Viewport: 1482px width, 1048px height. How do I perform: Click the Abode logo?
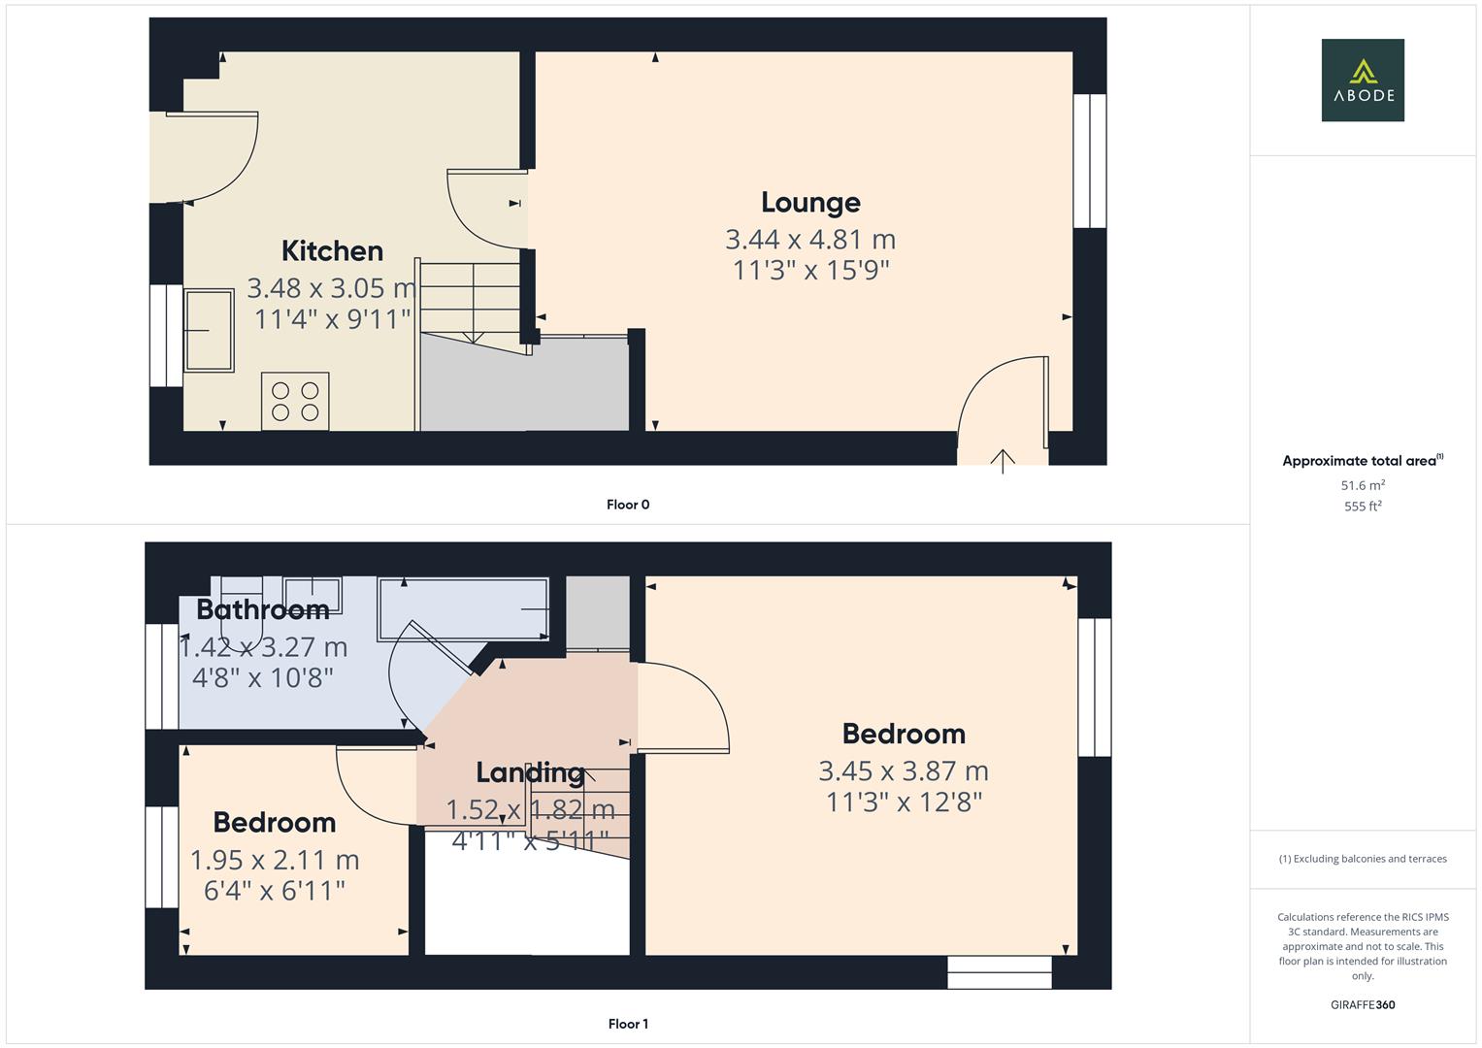tap(1362, 80)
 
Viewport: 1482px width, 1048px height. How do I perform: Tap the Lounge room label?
tap(810, 202)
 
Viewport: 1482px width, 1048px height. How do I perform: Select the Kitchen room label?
tap(332, 250)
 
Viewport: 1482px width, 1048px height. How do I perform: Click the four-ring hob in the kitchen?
tap(295, 402)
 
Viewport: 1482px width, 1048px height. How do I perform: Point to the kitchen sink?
tap(209, 330)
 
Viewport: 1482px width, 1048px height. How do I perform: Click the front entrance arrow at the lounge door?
tap(1003, 460)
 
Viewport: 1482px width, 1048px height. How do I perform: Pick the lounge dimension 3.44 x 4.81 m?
tap(810, 239)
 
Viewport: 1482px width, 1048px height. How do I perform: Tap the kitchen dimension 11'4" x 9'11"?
tap(332, 318)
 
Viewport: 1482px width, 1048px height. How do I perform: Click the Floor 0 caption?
tap(628, 505)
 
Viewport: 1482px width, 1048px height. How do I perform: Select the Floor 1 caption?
tap(628, 1024)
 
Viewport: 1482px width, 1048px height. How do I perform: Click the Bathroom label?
tap(262, 609)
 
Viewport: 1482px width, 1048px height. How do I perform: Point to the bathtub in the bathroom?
tap(464, 608)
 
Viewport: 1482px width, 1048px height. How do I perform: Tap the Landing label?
tap(530, 772)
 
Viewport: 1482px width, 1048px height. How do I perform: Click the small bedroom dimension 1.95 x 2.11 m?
tap(275, 860)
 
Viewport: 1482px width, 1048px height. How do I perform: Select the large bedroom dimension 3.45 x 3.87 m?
tap(904, 770)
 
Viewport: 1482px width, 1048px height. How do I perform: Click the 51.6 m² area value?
tap(1362, 485)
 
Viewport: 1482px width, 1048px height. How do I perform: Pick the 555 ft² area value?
tap(1362, 507)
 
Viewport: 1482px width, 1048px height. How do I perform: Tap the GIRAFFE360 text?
tap(1362, 1004)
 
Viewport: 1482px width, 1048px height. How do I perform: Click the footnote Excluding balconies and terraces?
tap(1362, 859)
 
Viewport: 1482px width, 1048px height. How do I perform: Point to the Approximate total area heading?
tap(1361, 461)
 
